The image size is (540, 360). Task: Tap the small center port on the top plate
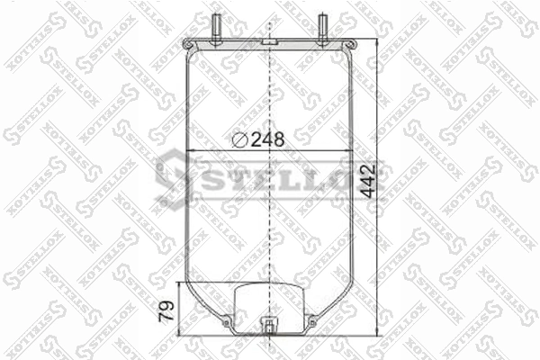(269, 42)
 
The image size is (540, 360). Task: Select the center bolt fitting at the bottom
(269, 327)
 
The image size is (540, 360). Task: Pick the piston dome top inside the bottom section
(269, 286)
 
